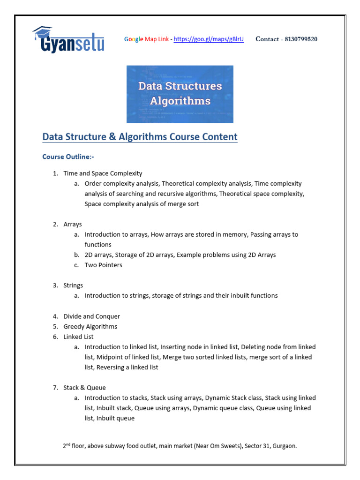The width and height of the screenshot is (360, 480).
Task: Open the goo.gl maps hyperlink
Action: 209,39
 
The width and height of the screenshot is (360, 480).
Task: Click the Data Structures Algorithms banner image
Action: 180,94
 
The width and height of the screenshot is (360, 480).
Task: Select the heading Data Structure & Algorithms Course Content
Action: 140,137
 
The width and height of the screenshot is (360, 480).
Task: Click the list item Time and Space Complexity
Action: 103,173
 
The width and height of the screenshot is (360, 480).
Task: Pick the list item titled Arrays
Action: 73,225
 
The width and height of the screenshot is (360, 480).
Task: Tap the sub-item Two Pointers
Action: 103,265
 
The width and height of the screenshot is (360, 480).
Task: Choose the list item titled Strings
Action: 73,285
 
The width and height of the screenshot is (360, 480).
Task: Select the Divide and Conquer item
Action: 92,316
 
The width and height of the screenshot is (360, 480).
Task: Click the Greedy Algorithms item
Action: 90,327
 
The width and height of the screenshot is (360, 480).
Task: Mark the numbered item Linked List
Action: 78,337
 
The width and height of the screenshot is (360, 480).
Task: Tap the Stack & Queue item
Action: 85,388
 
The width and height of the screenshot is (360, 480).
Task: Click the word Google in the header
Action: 134,39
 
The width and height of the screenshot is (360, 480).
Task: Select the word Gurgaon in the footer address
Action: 284,446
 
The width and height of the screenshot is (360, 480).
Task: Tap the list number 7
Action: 55,388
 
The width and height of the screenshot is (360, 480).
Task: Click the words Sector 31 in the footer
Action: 257,446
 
